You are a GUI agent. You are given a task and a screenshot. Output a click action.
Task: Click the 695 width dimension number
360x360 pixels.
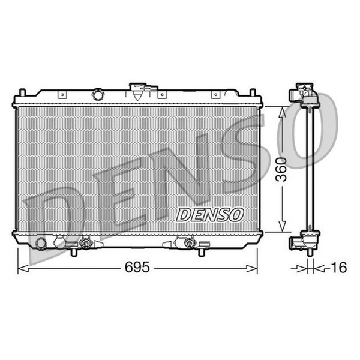coord(137,267)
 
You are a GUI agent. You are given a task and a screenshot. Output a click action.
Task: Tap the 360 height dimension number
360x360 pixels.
coord(282,170)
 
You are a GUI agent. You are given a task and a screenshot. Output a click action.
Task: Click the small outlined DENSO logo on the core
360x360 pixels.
coord(209,215)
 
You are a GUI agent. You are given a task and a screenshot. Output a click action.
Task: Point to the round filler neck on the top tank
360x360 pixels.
coord(98,94)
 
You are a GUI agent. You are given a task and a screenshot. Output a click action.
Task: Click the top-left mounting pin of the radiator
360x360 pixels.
coord(22,92)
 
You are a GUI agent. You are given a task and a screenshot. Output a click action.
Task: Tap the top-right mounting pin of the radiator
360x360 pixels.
coord(253,92)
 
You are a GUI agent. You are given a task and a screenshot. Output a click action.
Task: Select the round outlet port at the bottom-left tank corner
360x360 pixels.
coord(41,244)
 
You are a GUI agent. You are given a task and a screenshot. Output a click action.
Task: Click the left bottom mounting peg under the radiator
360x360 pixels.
coord(73,253)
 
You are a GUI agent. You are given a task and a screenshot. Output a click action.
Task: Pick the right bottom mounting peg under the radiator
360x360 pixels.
coord(202,253)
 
